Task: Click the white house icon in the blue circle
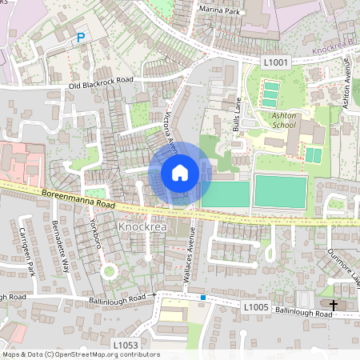(180, 173)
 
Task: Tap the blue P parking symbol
(80, 38)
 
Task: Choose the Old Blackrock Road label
(101, 82)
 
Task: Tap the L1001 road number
(275, 61)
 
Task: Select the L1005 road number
(255, 306)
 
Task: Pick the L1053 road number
(126, 345)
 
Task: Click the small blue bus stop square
(204, 298)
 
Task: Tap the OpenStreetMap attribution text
(80, 354)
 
